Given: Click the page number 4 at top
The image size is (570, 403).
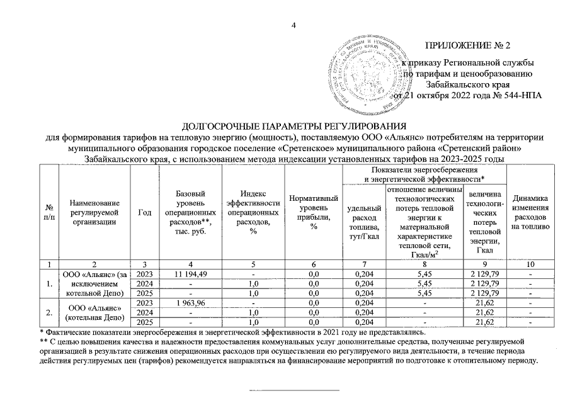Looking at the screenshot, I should click(x=294, y=25).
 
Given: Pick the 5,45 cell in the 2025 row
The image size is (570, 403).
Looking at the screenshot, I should click(x=423, y=293).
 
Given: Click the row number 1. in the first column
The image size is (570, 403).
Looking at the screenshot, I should click(x=48, y=284).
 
